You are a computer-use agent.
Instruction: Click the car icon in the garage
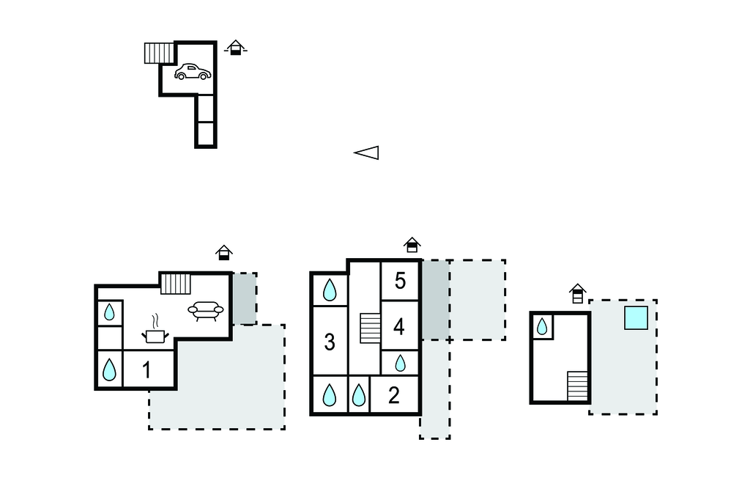[193, 72]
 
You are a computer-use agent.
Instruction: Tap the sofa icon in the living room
[206, 310]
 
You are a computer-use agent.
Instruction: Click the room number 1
[146, 369]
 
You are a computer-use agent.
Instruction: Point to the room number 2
[393, 395]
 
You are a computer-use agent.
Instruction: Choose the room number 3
[330, 342]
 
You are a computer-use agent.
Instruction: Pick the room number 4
[399, 327]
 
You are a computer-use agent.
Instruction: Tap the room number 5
[401, 281]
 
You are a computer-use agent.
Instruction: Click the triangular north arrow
[366, 152]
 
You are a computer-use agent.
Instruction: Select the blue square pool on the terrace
[636, 318]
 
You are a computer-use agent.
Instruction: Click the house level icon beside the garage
[235, 48]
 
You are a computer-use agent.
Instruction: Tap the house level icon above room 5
[412, 245]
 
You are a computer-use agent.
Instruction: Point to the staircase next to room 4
[370, 328]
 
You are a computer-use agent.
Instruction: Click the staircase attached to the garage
[159, 54]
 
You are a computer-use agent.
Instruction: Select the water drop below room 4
[401, 364]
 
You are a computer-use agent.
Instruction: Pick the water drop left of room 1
[110, 369]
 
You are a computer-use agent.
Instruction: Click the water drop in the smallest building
[542, 327]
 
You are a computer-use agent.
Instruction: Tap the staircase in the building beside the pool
[577, 386]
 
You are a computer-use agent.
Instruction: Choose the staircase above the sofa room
[176, 284]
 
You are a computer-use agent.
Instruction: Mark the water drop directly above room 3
[330, 290]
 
